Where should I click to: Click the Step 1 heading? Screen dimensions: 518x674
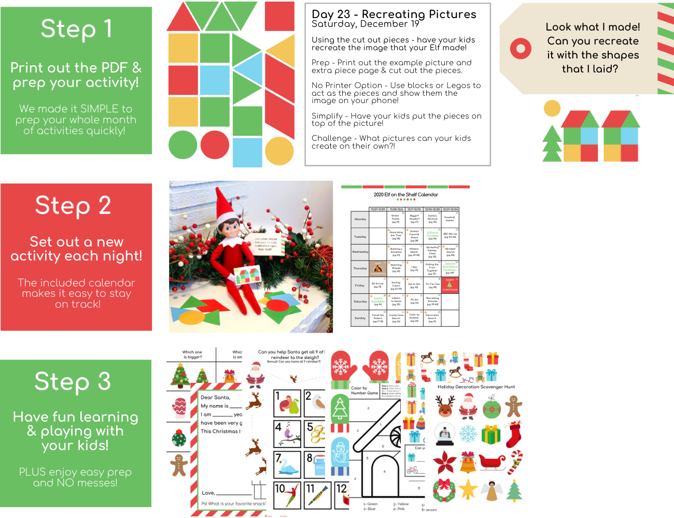(x=76, y=29)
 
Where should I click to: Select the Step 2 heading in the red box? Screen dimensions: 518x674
(x=73, y=206)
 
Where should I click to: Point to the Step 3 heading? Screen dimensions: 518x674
(x=73, y=382)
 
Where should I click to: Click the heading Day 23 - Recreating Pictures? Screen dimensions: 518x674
(x=394, y=14)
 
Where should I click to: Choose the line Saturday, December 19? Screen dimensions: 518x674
(x=365, y=24)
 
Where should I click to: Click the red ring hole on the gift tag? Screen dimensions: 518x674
(x=521, y=49)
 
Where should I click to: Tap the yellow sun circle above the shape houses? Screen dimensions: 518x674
(x=552, y=108)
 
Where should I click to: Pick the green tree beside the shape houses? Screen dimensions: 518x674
(x=552, y=143)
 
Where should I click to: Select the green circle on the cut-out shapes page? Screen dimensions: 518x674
(x=182, y=145)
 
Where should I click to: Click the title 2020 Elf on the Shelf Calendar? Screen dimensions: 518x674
(x=405, y=195)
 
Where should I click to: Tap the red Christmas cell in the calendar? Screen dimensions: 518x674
(x=450, y=285)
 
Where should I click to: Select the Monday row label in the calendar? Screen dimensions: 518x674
(x=360, y=219)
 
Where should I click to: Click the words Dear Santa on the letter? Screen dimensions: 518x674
(x=215, y=397)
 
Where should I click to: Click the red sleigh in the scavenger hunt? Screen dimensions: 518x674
(x=492, y=462)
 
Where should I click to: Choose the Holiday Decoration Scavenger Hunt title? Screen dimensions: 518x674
(x=476, y=386)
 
